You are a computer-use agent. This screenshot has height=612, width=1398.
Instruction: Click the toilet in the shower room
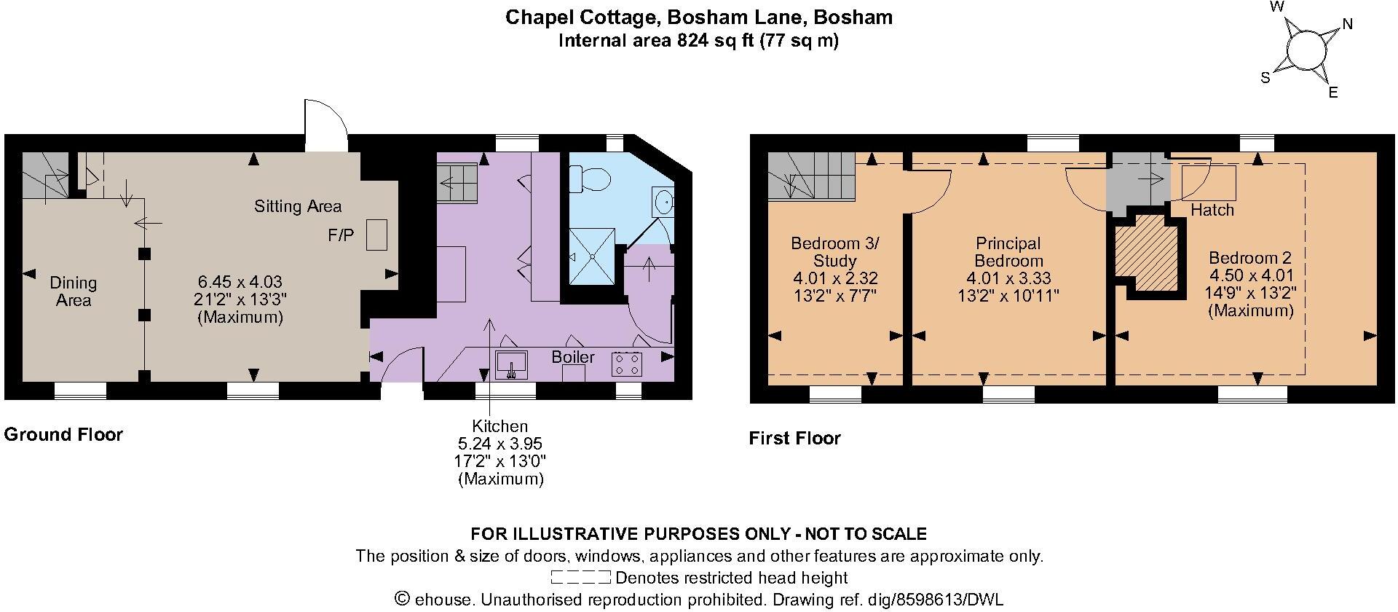coord(586,177)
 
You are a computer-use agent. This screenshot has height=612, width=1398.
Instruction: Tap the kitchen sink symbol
coord(511,364)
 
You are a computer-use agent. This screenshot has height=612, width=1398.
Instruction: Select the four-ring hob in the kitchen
coord(627,364)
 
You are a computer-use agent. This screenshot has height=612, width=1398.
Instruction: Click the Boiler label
coord(573,357)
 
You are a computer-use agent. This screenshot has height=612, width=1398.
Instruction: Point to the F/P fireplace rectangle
coord(376,235)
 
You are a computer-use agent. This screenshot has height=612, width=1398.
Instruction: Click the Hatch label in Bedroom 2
coord(1212,210)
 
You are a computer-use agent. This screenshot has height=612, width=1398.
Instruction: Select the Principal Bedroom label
coord(1008,252)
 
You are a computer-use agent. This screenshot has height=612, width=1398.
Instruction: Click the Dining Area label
coord(73,291)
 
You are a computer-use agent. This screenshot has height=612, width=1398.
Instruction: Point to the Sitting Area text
coord(298,206)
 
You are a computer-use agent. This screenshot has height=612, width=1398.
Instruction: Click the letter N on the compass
coord(1347,24)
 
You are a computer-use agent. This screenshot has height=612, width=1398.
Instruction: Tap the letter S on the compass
coord(1265,78)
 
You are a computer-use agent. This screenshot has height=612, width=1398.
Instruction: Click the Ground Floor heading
coord(63,435)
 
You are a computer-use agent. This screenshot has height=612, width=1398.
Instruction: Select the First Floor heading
coord(794,439)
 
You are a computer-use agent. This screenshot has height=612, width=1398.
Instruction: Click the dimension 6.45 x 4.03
coord(240,281)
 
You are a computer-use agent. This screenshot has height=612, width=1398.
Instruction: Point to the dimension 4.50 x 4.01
coord(1251,275)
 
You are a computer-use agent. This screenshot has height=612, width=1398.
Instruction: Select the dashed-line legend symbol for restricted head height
coord(580,578)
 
